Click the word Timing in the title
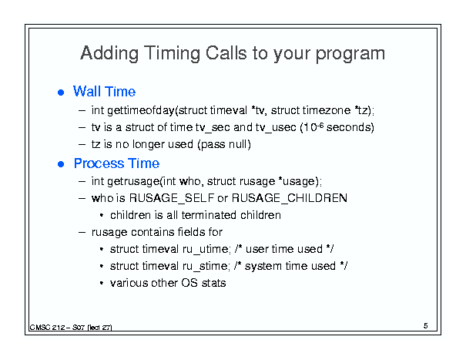tap(173, 53)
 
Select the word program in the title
tap(350, 54)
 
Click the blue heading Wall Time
tap(104, 91)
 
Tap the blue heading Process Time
tap(116, 163)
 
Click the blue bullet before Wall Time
tap(61, 93)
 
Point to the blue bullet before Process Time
tap(61, 164)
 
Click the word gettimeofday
tap(141, 111)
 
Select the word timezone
tap(327, 110)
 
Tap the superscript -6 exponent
tap(320, 125)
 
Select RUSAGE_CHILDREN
tap(289, 198)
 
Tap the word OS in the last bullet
tap(189, 283)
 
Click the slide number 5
tap(426, 326)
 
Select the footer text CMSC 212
tap(48, 328)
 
